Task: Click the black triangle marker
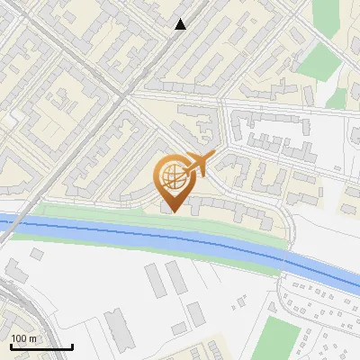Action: (181, 24)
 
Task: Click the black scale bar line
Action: (41, 347)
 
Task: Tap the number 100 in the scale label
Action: (19, 338)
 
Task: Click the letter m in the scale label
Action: (33, 338)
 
